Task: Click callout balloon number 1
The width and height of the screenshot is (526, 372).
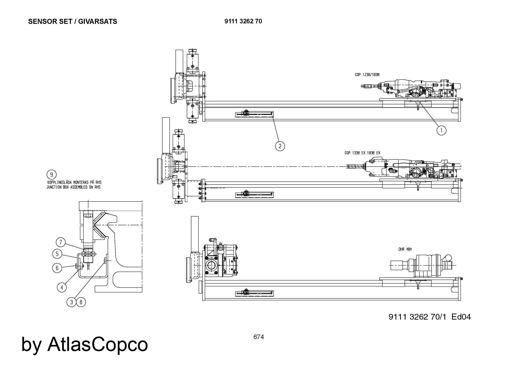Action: (441, 130)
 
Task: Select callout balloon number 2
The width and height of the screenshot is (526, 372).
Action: (280, 146)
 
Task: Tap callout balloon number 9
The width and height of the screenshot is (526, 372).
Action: (52, 175)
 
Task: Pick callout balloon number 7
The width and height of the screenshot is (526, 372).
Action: (61, 242)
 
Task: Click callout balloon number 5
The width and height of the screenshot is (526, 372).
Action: (57, 254)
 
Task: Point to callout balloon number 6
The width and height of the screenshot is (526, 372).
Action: (57, 268)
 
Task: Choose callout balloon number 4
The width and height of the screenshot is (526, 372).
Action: (62, 287)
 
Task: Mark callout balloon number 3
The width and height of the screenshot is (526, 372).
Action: (72, 302)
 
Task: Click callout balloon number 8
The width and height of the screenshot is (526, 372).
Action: (81, 302)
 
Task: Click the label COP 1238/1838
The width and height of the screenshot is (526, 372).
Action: (367, 75)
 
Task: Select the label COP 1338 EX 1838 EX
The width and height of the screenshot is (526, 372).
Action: (362, 153)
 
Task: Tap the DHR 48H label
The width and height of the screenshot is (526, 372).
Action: (405, 249)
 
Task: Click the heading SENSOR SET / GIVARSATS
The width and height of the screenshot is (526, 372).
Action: (73, 22)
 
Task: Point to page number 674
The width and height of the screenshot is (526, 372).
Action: (259, 337)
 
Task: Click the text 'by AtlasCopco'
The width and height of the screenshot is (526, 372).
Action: (84, 344)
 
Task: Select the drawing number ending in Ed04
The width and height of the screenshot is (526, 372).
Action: (429, 317)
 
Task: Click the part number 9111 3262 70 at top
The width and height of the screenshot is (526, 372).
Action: (243, 21)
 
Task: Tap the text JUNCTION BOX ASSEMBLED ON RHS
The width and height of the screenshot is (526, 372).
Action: (73, 187)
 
